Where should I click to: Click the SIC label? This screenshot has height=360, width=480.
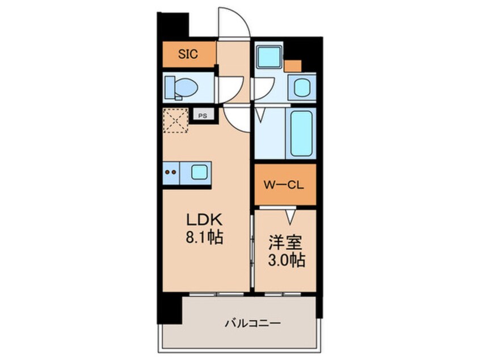188,55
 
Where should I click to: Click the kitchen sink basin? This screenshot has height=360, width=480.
199,171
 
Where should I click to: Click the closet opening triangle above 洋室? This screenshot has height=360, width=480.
290,216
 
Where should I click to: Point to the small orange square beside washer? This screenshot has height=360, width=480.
292,65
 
